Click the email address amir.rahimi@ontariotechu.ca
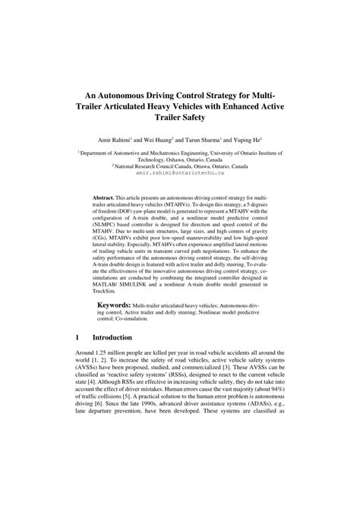point(179,172)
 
